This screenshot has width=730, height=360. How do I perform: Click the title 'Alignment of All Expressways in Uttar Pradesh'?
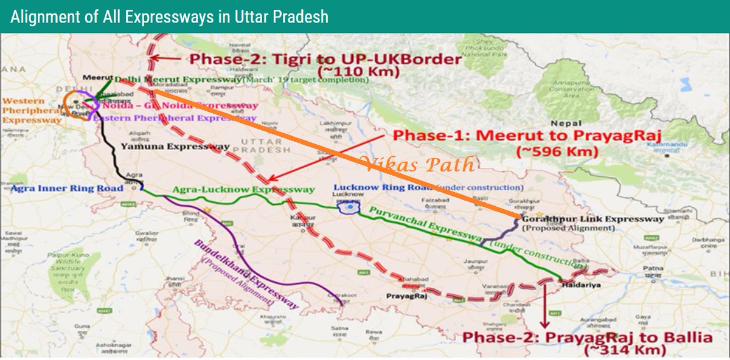(169, 16)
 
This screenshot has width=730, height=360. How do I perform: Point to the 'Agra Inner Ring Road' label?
(67, 189)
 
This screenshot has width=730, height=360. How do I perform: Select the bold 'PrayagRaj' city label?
(404, 297)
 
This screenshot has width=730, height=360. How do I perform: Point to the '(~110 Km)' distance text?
(364, 72)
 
